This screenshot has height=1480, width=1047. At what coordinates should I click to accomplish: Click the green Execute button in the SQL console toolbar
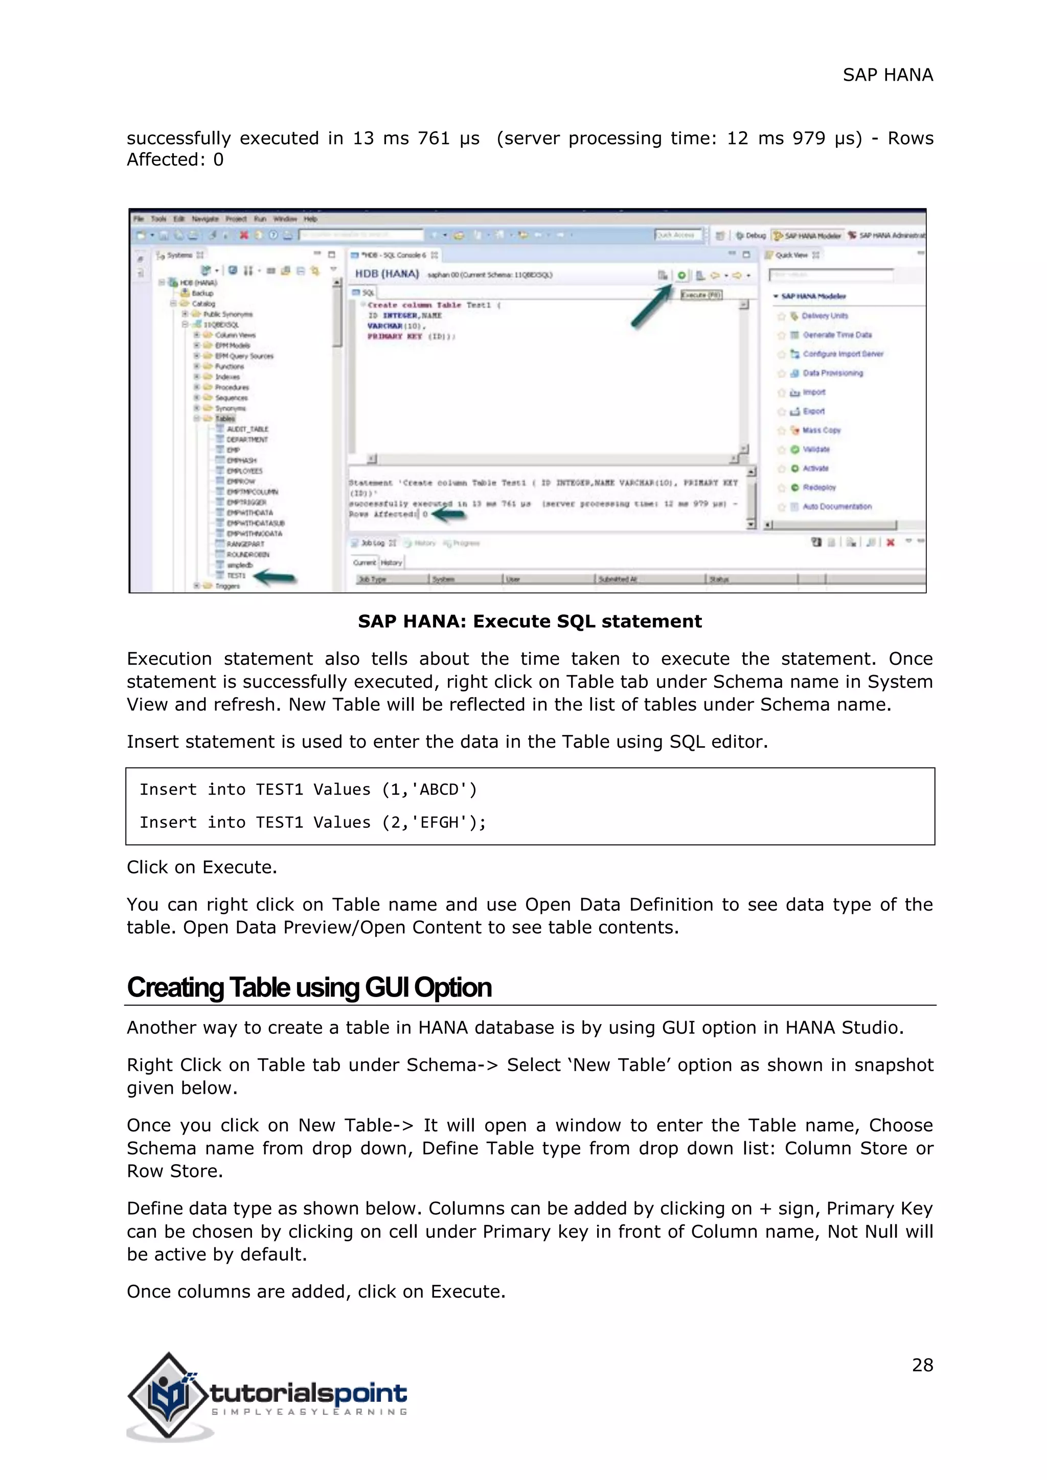(681, 275)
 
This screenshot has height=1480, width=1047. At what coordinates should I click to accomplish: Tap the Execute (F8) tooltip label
(701, 294)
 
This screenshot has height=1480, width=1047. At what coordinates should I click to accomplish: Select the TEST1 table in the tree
(236, 575)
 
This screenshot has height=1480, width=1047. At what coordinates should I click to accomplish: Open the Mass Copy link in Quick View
(822, 430)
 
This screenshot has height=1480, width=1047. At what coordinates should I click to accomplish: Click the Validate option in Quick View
(816, 449)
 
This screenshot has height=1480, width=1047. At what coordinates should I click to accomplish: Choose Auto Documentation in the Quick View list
(837, 506)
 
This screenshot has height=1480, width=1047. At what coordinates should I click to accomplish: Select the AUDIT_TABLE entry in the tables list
(247, 429)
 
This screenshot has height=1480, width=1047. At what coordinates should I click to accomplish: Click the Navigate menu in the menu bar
(204, 219)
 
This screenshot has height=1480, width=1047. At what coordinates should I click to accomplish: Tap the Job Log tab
(372, 543)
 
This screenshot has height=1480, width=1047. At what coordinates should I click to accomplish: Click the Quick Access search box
(678, 235)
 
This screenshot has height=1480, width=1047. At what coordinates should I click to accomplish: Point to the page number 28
(922, 1365)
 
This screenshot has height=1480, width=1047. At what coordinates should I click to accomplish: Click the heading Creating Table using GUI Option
(309, 987)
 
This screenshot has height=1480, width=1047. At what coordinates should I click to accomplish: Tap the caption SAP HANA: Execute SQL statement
(529, 621)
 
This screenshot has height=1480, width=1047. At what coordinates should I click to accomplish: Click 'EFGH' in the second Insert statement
(439, 822)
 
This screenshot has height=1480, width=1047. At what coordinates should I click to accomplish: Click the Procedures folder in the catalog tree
(232, 387)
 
